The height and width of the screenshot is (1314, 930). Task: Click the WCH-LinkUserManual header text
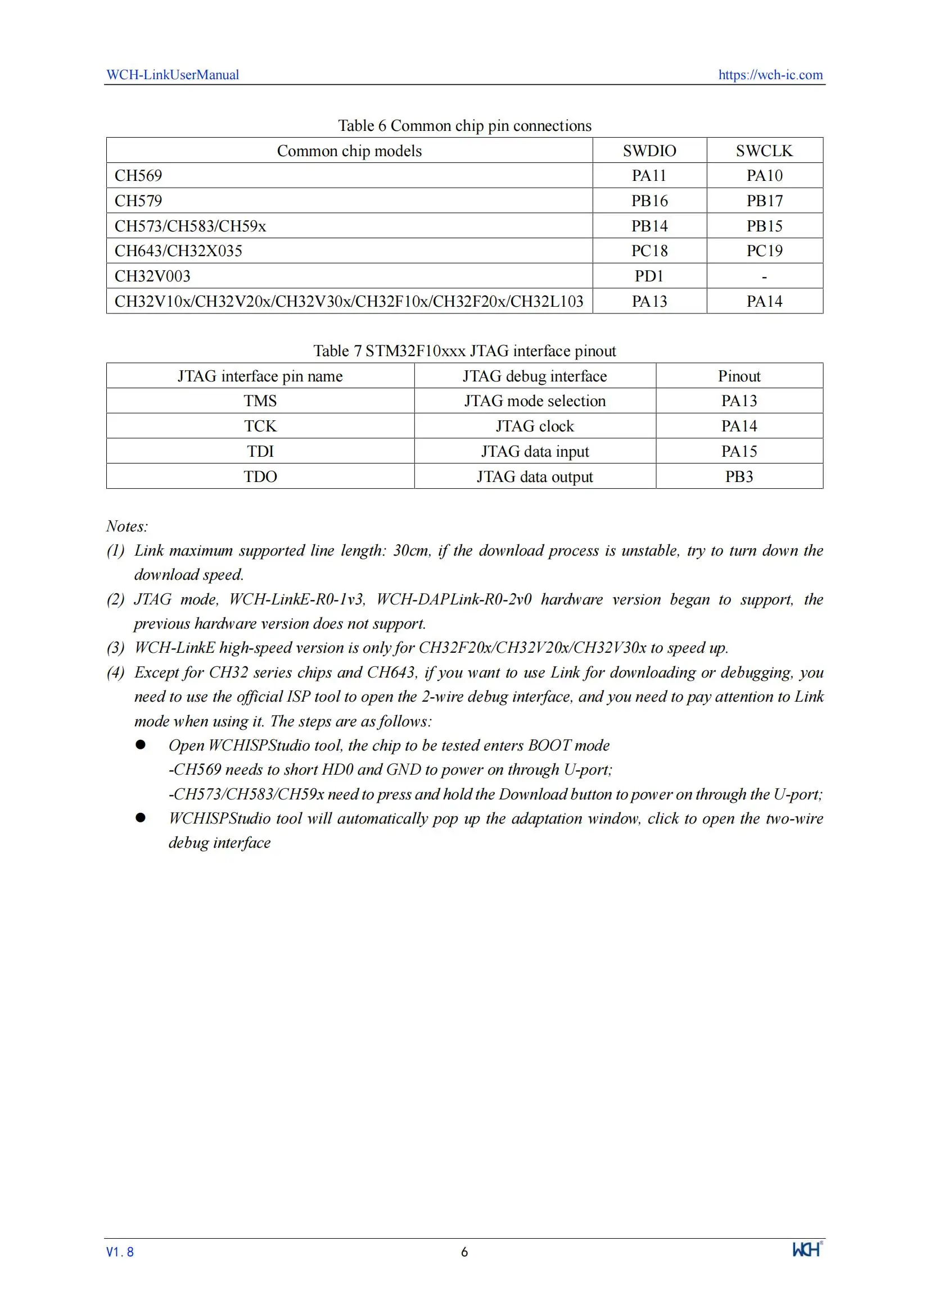(x=173, y=74)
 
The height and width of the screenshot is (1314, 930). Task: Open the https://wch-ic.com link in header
(x=770, y=74)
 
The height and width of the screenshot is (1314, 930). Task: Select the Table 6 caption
(x=464, y=125)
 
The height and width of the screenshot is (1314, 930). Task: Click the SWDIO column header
(x=649, y=151)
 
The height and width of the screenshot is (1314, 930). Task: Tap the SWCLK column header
(x=764, y=151)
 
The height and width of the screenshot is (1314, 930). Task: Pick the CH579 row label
(x=138, y=201)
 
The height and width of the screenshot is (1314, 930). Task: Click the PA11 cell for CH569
(x=649, y=176)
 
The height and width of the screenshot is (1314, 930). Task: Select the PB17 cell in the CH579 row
(x=764, y=201)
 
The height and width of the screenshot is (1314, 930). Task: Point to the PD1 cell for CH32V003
(x=649, y=276)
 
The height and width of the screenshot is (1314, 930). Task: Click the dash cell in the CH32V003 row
(x=764, y=277)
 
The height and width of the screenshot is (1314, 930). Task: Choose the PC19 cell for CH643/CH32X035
(x=764, y=251)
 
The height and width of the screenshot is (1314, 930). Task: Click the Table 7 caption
(x=464, y=351)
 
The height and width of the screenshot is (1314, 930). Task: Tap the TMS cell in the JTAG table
(x=260, y=401)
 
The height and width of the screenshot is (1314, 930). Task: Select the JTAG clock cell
(x=534, y=426)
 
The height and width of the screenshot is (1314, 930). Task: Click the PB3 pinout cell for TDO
(x=739, y=477)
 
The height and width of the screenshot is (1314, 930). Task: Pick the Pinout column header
(x=739, y=376)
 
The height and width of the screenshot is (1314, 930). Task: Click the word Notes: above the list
(x=127, y=526)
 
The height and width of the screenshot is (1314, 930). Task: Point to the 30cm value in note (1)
(x=410, y=551)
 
